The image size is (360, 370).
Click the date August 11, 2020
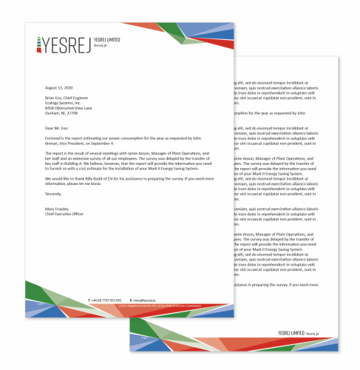tap(57, 87)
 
